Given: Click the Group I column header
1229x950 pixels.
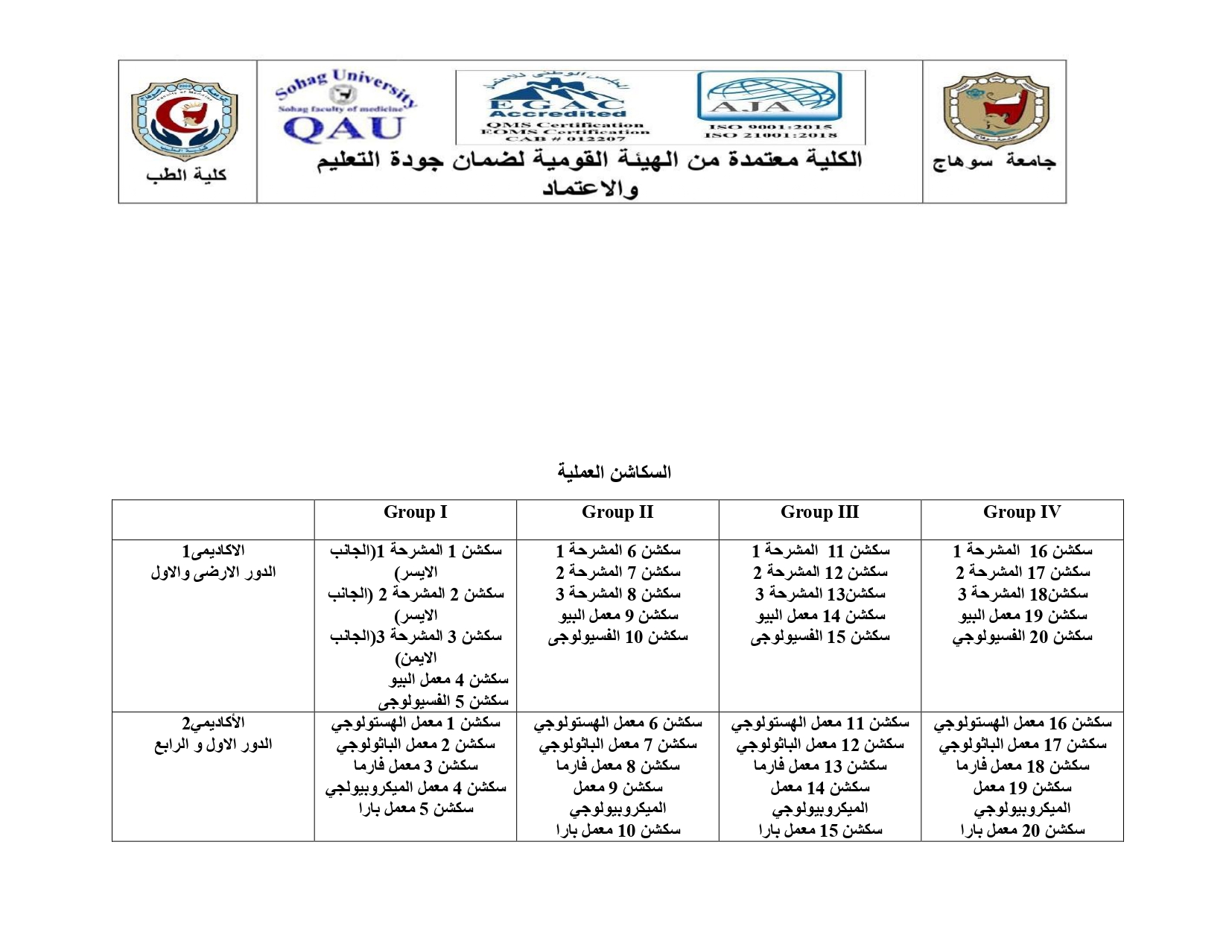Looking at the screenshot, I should click(x=415, y=513).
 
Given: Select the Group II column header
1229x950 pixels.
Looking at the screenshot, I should click(x=617, y=513).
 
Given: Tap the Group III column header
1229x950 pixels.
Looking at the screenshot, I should click(x=819, y=513).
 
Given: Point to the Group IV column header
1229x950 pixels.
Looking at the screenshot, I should click(x=1022, y=513).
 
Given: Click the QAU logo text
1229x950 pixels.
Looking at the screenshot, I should click(x=343, y=128).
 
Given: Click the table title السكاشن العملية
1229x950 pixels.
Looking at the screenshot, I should click(x=614, y=472).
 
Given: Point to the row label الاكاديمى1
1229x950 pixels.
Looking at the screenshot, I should click(x=213, y=551).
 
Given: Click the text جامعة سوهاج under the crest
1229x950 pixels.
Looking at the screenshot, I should click(x=994, y=162).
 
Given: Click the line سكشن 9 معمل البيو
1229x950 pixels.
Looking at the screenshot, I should click(x=618, y=616).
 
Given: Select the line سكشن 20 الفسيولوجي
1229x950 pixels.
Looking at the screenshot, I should click(x=1022, y=638).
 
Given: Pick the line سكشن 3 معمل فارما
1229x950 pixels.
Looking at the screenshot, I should click(x=416, y=766).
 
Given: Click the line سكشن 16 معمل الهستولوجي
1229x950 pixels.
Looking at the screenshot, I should click(x=1022, y=723).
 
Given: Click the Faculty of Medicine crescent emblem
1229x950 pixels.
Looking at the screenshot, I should click(x=185, y=119).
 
